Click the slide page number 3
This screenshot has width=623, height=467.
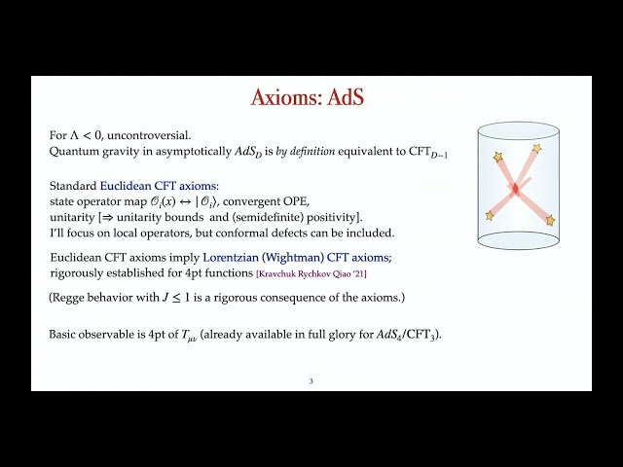(311, 380)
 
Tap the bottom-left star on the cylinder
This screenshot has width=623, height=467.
(490, 215)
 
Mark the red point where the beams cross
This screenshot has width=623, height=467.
(515, 185)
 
